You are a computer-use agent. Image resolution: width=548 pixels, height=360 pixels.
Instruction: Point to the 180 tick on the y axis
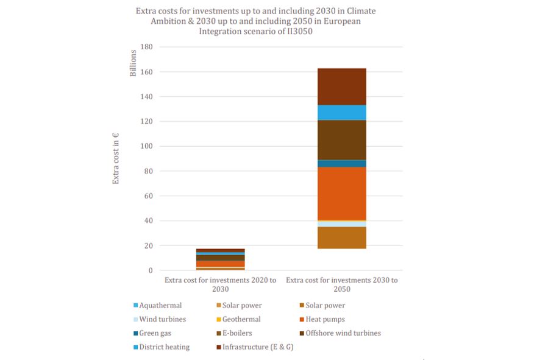[146, 47]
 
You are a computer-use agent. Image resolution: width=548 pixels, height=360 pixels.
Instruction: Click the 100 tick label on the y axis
[146, 146]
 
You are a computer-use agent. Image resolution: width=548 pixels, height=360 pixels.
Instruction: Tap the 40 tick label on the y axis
[148, 221]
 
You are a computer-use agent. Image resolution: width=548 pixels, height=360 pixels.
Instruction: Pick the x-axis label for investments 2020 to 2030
[220, 284]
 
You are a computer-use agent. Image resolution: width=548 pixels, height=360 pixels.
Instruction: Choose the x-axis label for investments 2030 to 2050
[341, 284]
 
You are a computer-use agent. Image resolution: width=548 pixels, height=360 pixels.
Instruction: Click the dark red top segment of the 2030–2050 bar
[341, 86]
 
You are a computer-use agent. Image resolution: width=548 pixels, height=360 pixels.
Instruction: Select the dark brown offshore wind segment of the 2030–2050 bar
[341, 139]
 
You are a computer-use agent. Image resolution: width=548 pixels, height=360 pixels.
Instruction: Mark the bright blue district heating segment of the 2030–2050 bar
[341, 113]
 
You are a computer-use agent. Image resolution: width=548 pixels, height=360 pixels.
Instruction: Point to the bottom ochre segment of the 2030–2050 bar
[341, 238]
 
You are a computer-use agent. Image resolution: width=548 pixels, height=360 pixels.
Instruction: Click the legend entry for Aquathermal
[160, 305]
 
